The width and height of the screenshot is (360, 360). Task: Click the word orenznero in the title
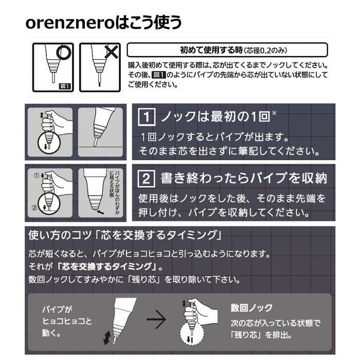coord(64,23)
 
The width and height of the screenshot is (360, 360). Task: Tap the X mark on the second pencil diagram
coord(109,52)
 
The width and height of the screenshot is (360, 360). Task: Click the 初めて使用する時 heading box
coord(227,50)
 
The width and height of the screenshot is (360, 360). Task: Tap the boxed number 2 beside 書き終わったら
coord(146,178)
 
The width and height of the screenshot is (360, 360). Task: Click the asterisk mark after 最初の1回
coord(274,112)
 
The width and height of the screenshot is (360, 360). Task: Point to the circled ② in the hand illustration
coord(34,208)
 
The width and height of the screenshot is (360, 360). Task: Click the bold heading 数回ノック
coord(251,309)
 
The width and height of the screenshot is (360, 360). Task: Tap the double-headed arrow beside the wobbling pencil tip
coord(107,337)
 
